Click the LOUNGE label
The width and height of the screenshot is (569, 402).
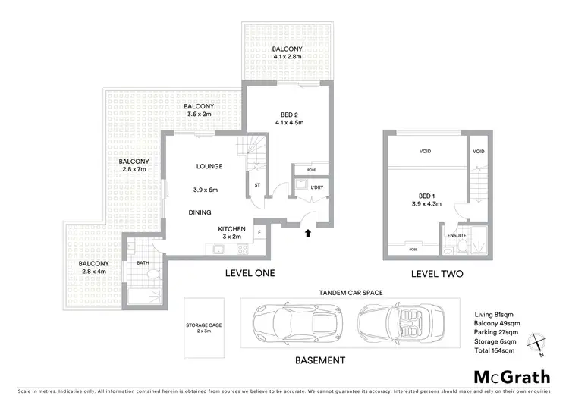(208, 166)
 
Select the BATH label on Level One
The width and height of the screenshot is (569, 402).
(141, 263)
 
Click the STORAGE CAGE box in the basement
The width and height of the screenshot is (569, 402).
(204, 328)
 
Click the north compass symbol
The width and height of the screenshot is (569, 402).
(537, 343)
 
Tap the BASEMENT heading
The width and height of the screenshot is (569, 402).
(321, 360)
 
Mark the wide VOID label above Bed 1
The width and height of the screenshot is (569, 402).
(425, 151)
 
